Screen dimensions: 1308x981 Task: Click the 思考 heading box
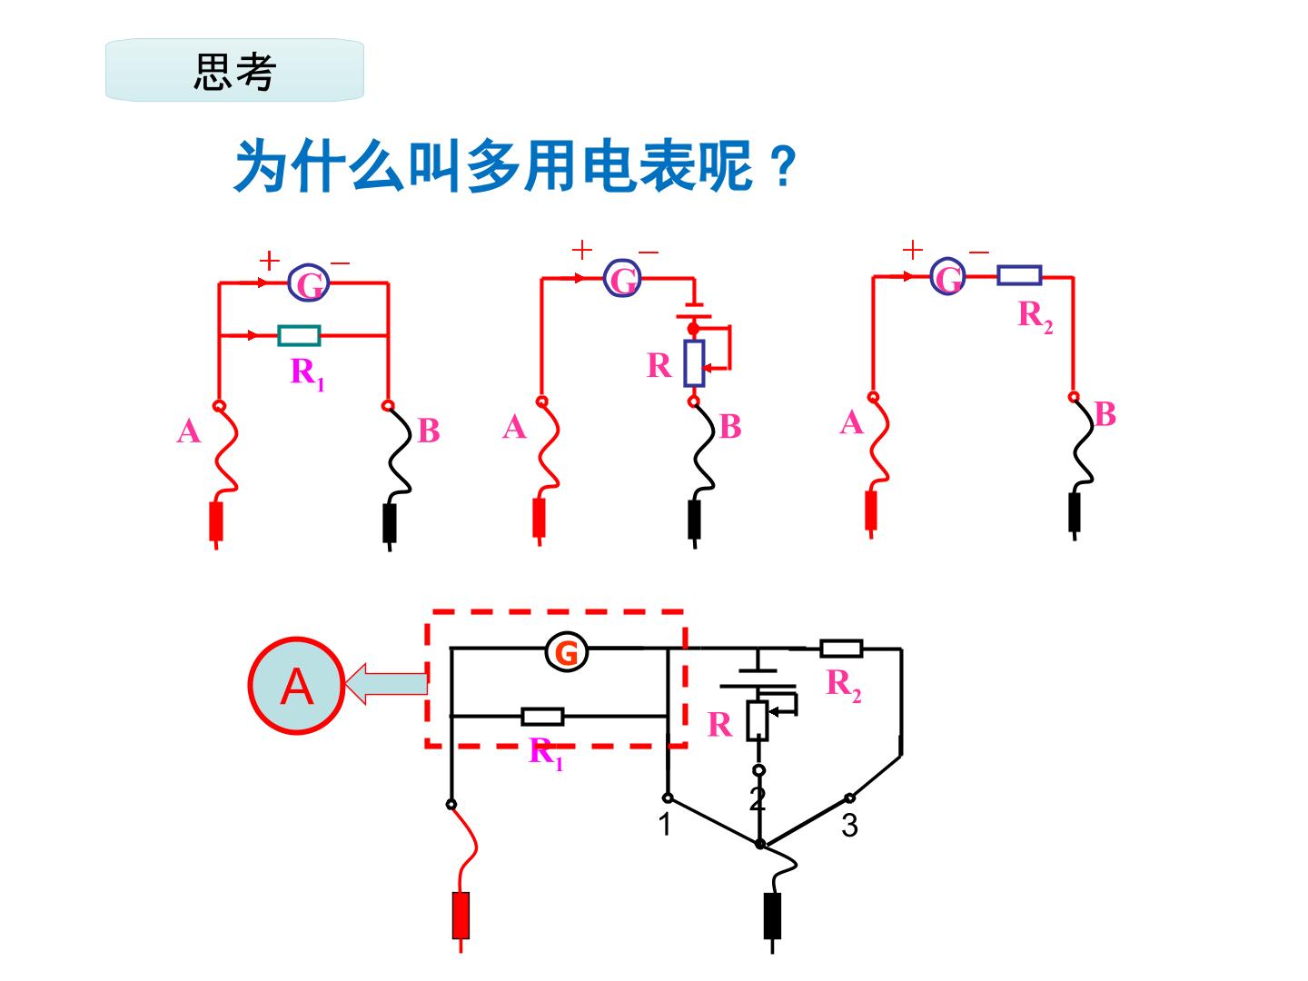click(234, 70)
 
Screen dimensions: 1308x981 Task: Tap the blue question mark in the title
click(783, 167)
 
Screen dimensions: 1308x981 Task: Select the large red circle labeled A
click(296, 686)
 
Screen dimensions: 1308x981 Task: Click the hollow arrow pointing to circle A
click(386, 683)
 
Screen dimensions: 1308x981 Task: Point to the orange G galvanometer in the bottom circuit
click(566, 652)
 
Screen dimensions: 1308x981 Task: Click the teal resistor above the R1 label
click(299, 335)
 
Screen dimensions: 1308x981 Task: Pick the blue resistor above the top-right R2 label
click(1019, 275)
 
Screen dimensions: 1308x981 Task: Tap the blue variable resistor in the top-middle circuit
click(694, 363)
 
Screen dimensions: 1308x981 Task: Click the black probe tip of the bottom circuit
click(772, 921)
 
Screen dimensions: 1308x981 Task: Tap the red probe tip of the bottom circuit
click(461, 921)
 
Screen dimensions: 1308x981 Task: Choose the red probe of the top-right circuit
click(870, 513)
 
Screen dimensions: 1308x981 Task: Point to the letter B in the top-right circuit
click(1105, 414)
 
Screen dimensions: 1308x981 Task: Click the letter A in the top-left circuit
click(189, 431)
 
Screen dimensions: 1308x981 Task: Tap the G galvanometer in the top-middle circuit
click(622, 278)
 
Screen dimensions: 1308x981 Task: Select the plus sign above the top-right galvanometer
click(912, 250)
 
